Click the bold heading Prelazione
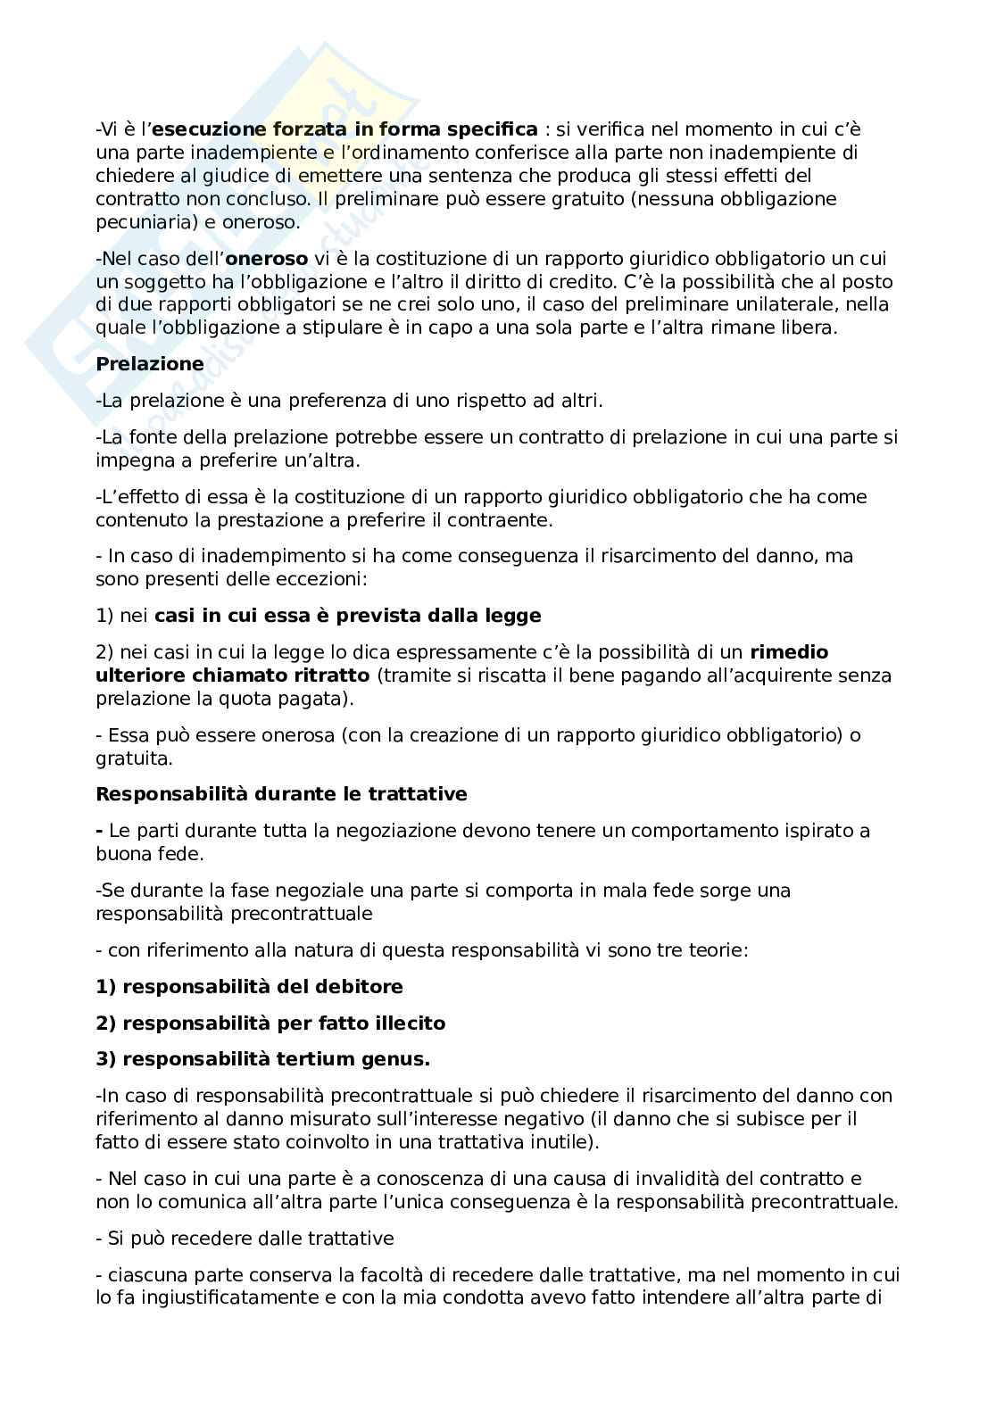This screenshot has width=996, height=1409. coord(150,364)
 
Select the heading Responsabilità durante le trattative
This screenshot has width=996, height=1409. coord(281,794)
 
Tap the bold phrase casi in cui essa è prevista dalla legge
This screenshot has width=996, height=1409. coord(348,616)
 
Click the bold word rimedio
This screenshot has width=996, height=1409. coord(789,652)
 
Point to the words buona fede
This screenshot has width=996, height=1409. coord(150,854)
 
